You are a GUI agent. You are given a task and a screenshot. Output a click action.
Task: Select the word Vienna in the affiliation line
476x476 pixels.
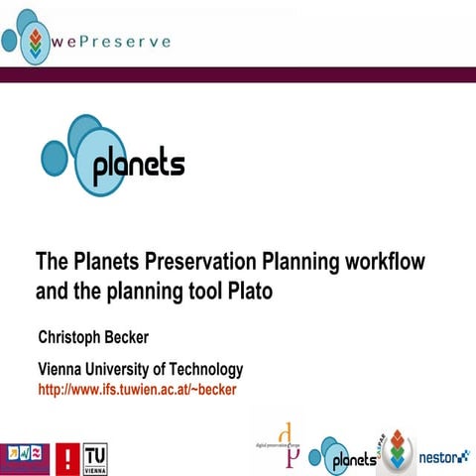tap(62, 370)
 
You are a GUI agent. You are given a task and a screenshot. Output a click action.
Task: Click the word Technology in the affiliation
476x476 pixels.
tap(203, 370)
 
